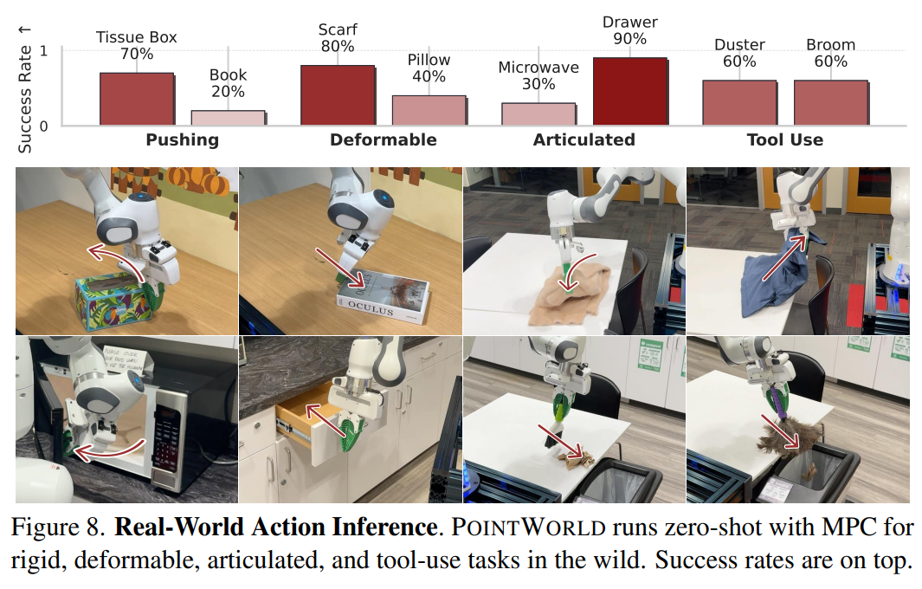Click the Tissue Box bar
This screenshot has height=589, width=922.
tap(136, 99)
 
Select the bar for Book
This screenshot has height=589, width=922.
tap(228, 118)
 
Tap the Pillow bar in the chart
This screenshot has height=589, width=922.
tap(429, 110)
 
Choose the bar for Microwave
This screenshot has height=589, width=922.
tap(538, 114)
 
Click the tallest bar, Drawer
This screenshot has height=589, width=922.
tap(629, 92)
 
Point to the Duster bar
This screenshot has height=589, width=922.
tap(738, 103)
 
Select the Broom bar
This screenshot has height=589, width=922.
tap(830, 103)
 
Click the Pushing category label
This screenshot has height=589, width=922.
tap(182, 139)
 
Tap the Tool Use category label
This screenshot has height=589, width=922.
tap(784, 139)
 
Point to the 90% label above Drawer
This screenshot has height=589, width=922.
tap(629, 39)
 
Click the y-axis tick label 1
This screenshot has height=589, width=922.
tap(43, 51)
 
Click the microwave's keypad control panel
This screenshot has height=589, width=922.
tap(165, 437)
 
